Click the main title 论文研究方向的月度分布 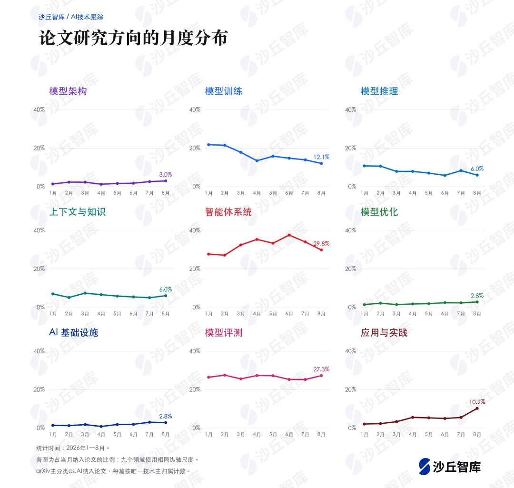click(x=133, y=38)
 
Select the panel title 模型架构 click(x=68, y=91)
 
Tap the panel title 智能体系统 click(x=228, y=212)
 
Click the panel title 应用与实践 click(x=384, y=332)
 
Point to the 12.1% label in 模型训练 click(x=321, y=157)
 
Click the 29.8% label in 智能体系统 click(x=321, y=244)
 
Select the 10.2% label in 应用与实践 click(x=477, y=402)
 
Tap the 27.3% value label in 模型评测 click(x=321, y=369)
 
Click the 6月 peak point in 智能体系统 click(x=289, y=235)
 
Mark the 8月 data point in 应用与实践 click(x=477, y=408)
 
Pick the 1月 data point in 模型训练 click(x=208, y=145)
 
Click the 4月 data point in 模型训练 click(x=257, y=161)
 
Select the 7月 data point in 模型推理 click(x=461, y=170)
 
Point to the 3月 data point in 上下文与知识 click(x=85, y=293)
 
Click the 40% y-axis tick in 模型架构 click(x=39, y=110)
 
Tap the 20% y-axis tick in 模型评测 click(x=195, y=389)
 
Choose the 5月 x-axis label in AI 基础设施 click(x=117, y=435)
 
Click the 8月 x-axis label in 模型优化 click(x=477, y=314)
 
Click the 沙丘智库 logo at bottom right click(x=450, y=467)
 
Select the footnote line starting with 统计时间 click(x=72, y=448)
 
